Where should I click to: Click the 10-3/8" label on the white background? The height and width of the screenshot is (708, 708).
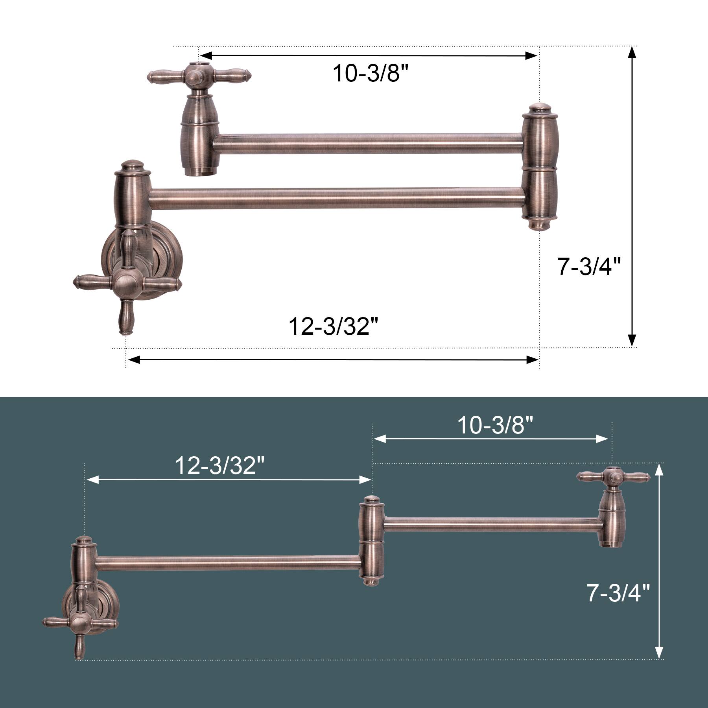pyautogui.click(x=371, y=73)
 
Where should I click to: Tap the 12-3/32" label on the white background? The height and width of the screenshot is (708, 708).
pyautogui.click(x=333, y=326)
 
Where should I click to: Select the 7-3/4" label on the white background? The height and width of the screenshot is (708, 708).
pyautogui.click(x=589, y=266)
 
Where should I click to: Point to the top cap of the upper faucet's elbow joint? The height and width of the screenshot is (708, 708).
pyautogui.click(x=540, y=108)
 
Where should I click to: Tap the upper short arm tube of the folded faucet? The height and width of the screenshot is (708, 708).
pyautogui.click(x=368, y=144)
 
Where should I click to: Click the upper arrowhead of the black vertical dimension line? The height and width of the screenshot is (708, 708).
pyautogui.click(x=632, y=52)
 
